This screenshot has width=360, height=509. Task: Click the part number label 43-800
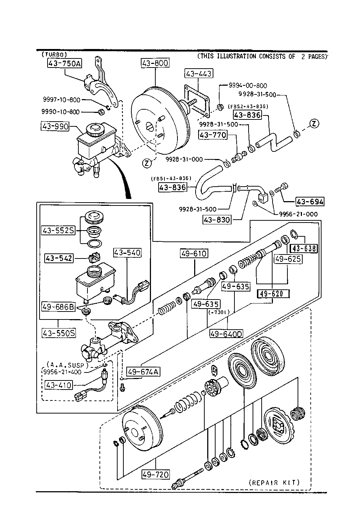click(155, 63)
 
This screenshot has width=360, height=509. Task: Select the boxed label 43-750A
click(64, 64)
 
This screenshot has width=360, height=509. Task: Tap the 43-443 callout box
click(198, 73)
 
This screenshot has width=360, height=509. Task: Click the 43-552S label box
click(58, 230)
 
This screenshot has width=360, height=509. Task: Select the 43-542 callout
click(59, 258)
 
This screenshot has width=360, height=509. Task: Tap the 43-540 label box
click(127, 252)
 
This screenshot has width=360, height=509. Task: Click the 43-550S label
click(59, 333)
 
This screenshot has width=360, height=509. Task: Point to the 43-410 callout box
click(58, 384)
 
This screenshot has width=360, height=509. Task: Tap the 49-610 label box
click(194, 253)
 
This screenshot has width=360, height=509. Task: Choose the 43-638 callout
click(304, 248)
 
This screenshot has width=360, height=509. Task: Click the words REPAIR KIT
click(274, 482)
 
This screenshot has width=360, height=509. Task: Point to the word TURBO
click(54, 54)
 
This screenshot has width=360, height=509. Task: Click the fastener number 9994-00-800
click(247, 86)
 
